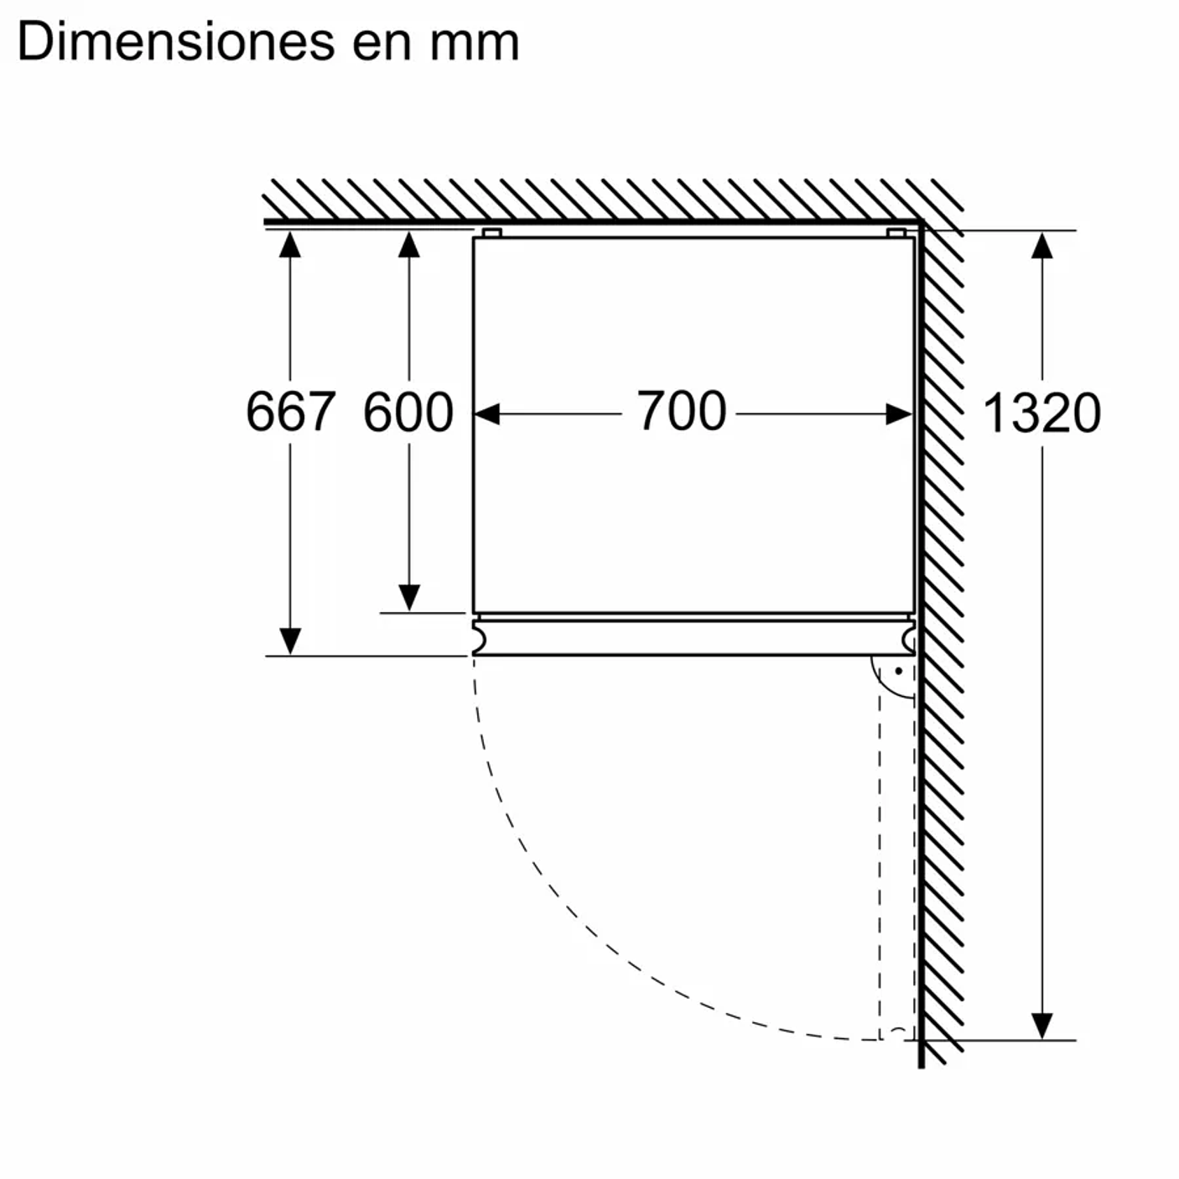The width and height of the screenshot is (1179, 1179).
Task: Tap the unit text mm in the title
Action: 474,42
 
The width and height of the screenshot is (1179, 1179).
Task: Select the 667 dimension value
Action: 290,412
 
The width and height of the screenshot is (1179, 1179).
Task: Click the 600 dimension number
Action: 408,412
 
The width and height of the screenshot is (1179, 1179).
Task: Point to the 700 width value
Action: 681,412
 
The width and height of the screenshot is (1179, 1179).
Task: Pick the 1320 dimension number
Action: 1041,413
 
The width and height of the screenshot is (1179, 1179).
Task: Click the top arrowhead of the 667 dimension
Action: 290,244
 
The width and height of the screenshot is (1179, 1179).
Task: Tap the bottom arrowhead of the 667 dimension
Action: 290,641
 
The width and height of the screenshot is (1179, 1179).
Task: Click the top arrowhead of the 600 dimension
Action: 409,244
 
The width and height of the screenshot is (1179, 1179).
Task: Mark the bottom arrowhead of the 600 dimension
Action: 409,597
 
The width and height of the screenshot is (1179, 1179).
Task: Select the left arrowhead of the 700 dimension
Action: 487,413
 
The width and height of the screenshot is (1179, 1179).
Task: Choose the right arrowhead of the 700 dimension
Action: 899,413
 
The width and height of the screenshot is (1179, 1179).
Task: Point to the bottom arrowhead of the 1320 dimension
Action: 1041,1026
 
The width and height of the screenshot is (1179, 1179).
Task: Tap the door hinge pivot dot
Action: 898,672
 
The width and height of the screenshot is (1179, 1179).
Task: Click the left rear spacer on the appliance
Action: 492,232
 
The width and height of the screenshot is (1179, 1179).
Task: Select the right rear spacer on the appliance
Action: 896,232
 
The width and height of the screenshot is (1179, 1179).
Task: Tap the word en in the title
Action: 382,42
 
